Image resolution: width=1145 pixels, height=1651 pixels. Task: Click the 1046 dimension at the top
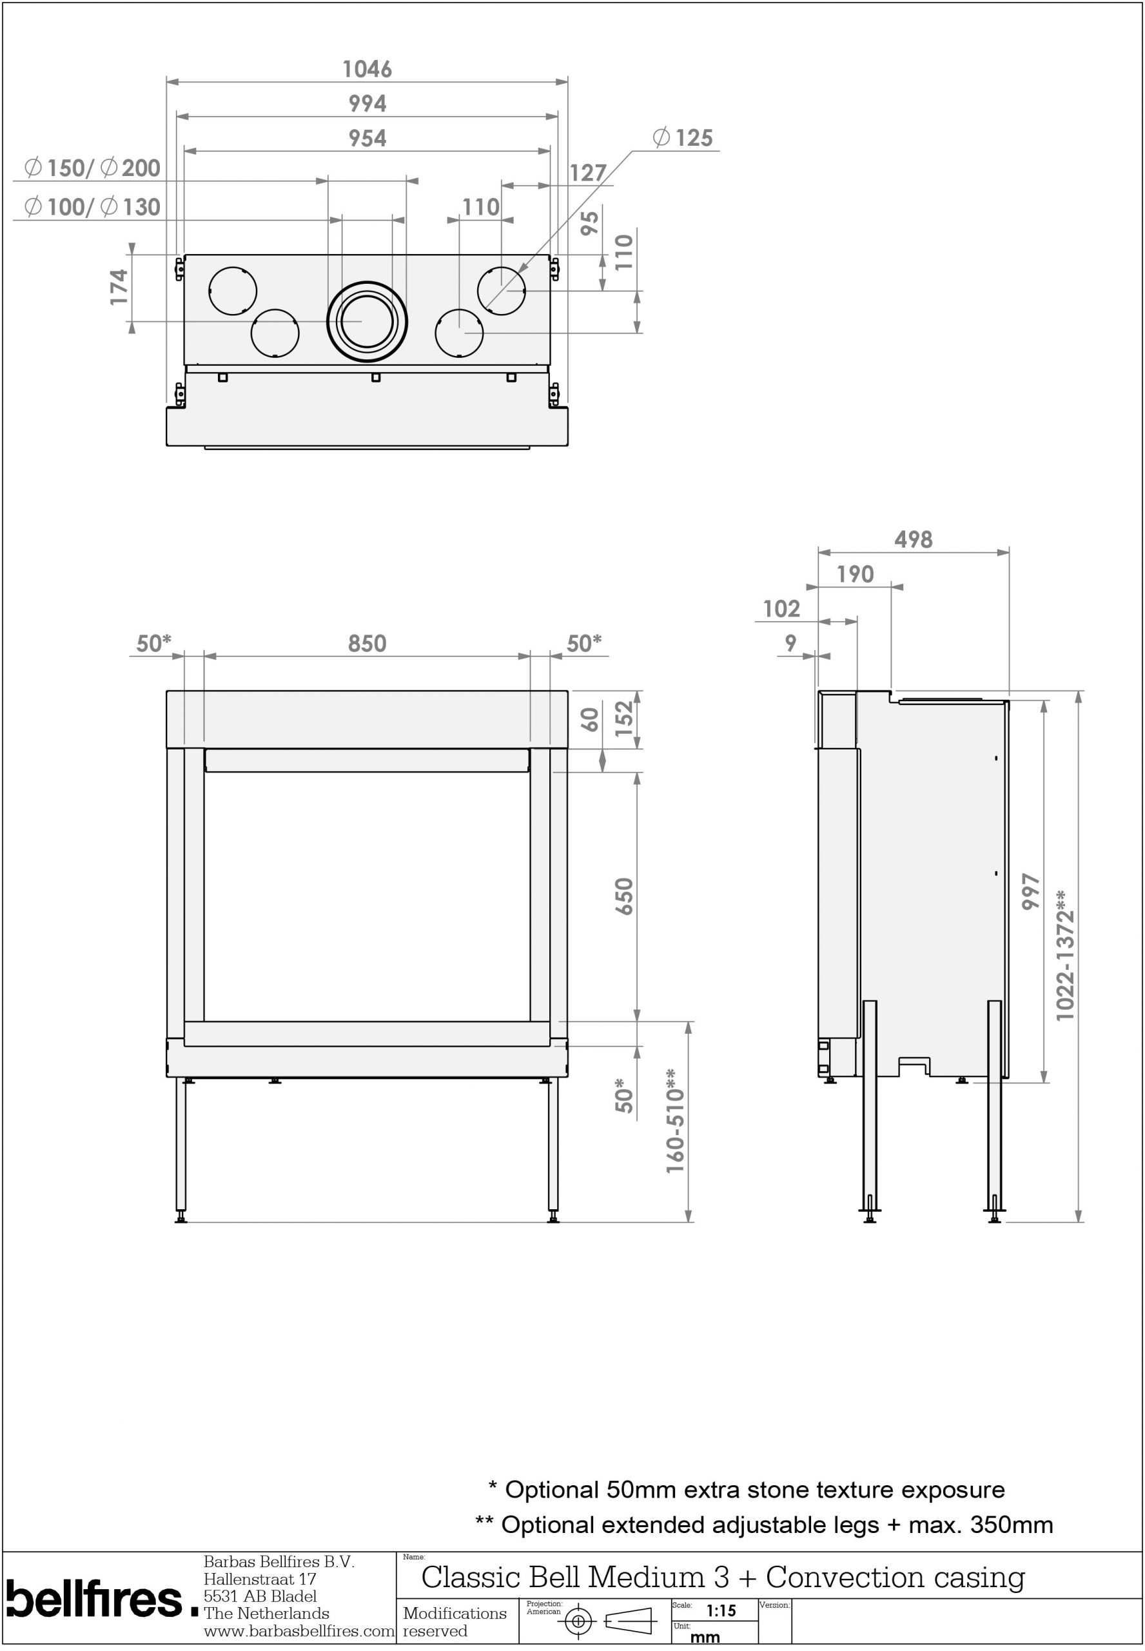367,70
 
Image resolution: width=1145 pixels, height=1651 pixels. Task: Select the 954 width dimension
367,139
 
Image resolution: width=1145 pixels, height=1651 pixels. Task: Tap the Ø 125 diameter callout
683,138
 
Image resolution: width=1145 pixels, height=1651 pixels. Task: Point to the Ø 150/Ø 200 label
92,168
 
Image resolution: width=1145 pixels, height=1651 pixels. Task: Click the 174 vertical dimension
119,287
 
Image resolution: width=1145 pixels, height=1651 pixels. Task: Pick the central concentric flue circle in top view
367,321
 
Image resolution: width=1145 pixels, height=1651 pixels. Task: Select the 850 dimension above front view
367,644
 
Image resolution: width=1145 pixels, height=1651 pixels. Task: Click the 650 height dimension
624,896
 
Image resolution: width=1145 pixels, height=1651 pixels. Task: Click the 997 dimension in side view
1030,892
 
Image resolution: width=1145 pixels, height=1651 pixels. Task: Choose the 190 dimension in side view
854,574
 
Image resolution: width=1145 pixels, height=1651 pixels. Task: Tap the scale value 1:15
721,1610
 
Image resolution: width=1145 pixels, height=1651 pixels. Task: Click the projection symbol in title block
610,1621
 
